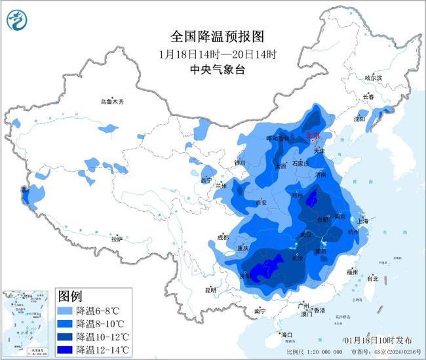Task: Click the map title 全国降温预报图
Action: tap(213, 36)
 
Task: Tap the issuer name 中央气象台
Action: tap(213, 68)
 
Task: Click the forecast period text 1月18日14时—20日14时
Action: tap(213, 52)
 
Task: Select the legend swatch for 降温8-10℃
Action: tap(65, 324)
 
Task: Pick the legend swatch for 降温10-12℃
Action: tap(65, 336)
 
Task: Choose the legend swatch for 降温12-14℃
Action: tap(65, 349)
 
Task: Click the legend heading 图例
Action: tap(71, 296)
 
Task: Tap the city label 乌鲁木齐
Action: tap(112, 102)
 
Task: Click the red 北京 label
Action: tap(313, 135)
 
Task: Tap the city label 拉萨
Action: tap(117, 240)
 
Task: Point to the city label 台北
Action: tap(373, 278)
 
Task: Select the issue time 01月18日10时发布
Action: tap(378, 341)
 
